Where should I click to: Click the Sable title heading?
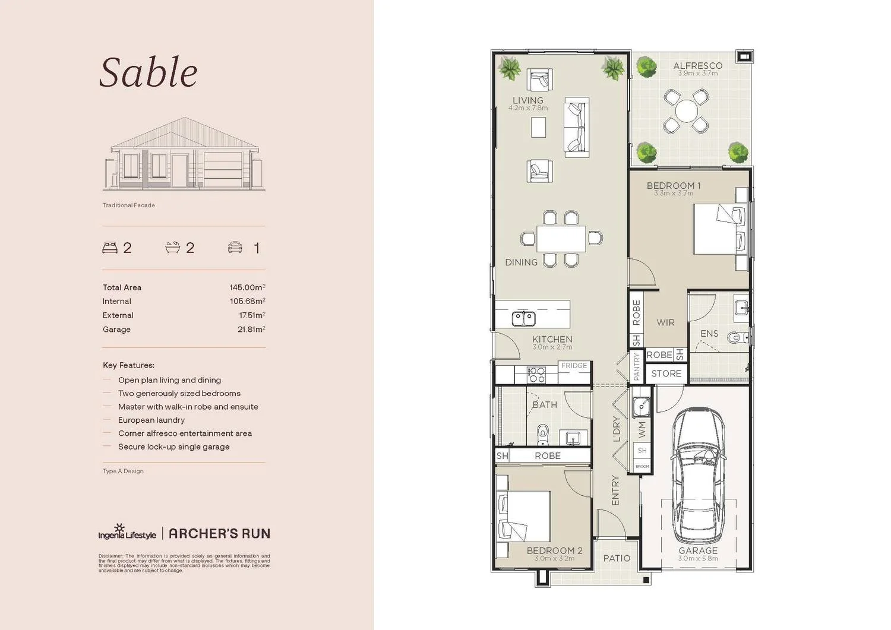(x=148, y=73)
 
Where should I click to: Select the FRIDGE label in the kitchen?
(x=574, y=366)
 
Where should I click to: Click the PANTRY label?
(x=636, y=366)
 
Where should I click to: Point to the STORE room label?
(x=666, y=373)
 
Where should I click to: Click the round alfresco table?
(x=686, y=111)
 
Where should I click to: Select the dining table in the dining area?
(x=561, y=239)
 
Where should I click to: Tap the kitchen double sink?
(x=523, y=319)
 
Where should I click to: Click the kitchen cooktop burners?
(x=536, y=375)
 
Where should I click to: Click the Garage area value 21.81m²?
(x=251, y=330)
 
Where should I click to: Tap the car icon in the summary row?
(x=235, y=248)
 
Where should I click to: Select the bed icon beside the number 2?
(x=110, y=248)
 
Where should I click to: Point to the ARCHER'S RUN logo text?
(x=219, y=534)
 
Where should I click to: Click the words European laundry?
(x=151, y=420)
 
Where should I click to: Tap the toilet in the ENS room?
(x=737, y=337)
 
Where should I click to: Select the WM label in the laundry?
(x=642, y=429)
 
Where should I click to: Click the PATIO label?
(x=617, y=558)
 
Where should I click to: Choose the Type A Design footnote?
(x=123, y=471)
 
